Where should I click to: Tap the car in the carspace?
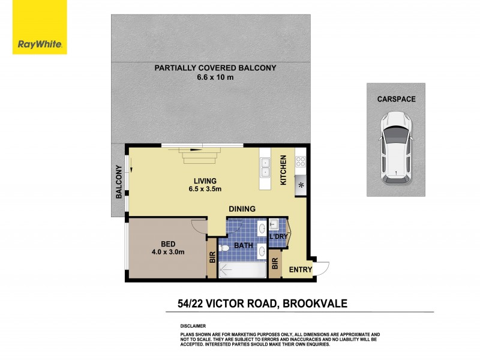tap(395, 146)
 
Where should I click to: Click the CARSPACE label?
tap(396, 98)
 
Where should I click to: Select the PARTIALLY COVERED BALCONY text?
tap(215, 68)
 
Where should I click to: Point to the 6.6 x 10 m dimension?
tap(215, 77)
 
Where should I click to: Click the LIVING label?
tap(205, 181)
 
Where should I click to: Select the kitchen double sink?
tap(265, 167)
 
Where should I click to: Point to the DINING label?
tap(242, 209)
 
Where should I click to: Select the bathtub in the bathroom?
tap(242, 271)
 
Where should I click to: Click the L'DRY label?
tap(278, 237)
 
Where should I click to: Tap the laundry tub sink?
tap(274, 224)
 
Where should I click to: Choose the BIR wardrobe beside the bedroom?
tap(211, 258)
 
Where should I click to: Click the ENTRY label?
tap(301, 270)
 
